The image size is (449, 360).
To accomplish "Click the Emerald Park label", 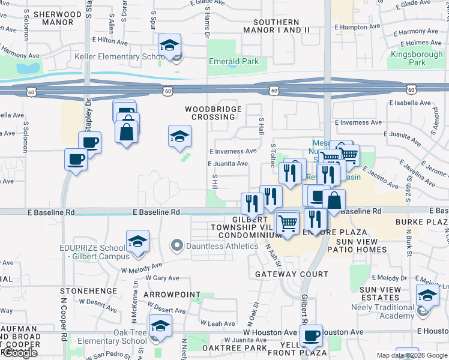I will coord(234,61).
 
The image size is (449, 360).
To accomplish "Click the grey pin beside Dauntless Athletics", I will coord(176,245).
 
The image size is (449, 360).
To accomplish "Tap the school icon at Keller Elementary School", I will coord(170,45).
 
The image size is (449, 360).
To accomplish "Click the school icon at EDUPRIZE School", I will coord(138,242).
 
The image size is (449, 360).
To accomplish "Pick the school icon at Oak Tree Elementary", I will coord(160,326).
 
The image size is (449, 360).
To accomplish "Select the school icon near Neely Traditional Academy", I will coord(427,295).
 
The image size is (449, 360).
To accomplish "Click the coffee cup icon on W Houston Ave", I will coord(311,336).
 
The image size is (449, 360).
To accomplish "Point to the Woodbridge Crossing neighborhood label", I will coord(213,113).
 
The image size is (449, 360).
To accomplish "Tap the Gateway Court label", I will coord(292,274).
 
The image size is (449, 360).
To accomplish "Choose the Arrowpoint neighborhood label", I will coord(172,295).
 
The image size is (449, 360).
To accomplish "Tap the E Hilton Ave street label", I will coord(110,41).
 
